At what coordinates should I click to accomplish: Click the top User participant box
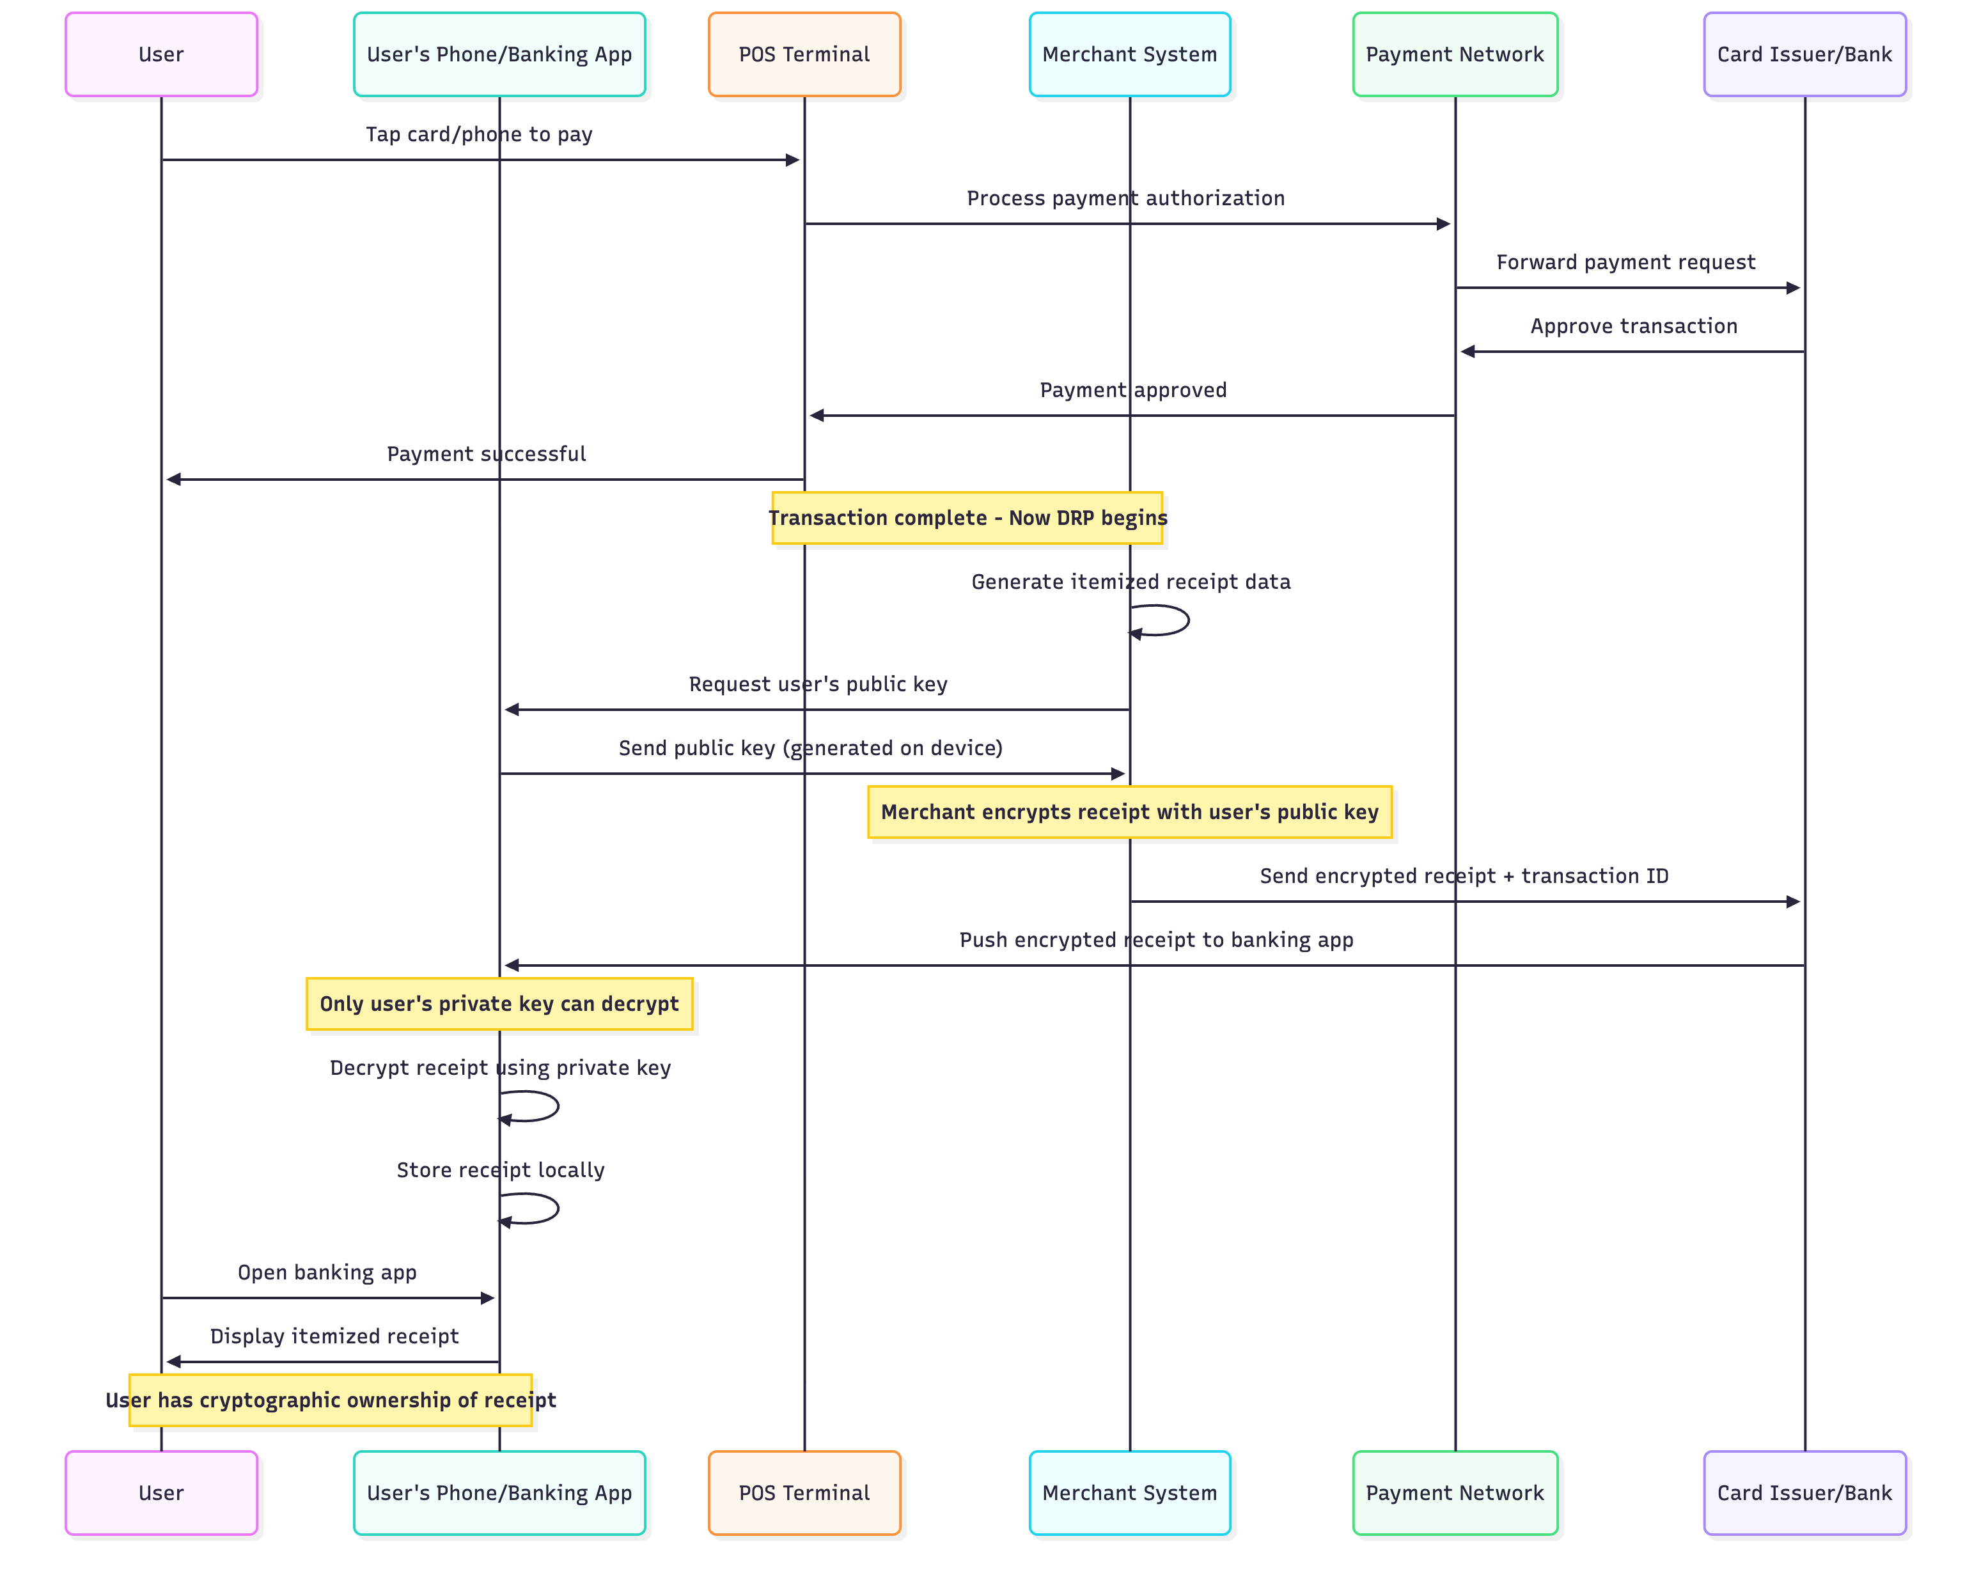point(161,54)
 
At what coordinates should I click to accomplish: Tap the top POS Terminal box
point(803,54)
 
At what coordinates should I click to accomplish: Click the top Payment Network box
point(1454,54)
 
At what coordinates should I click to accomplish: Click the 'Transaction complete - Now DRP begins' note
point(966,518)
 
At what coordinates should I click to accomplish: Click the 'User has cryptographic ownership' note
point(329,1400)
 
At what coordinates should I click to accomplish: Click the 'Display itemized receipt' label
point(334,1336)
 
